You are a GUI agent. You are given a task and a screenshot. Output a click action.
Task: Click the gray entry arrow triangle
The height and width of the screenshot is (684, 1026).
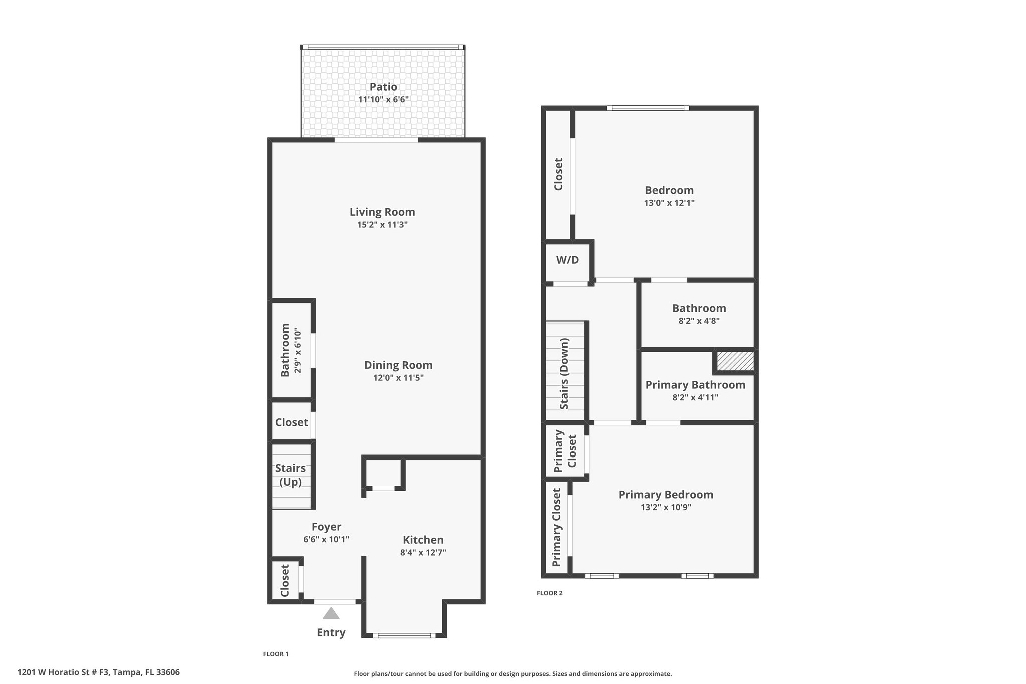coord(331,613)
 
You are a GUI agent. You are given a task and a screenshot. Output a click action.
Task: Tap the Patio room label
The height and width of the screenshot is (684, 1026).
coord(383,87)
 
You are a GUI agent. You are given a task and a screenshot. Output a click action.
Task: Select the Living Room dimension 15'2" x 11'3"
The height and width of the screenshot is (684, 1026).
coord(382,225)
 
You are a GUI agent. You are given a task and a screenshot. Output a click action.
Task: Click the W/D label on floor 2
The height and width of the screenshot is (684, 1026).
coord(567,260)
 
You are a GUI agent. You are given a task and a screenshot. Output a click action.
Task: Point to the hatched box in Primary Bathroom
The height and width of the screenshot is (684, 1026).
coord(735,361)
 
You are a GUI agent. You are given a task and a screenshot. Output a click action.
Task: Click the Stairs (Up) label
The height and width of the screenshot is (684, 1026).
coord(290,475)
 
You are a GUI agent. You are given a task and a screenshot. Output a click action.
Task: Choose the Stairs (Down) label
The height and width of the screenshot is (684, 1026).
coord(564,374)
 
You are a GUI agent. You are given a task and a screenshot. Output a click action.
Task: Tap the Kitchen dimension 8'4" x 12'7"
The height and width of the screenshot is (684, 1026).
coord(423,553)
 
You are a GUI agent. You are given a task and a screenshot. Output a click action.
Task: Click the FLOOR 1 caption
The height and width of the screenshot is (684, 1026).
coord(276,654)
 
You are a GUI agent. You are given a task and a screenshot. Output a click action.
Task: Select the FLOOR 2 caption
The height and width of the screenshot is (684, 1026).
coord(549,593)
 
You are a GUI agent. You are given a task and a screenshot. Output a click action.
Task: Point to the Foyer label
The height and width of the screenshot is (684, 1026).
coord(326,527)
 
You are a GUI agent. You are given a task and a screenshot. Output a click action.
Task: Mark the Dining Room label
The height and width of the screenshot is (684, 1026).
coord(398,365)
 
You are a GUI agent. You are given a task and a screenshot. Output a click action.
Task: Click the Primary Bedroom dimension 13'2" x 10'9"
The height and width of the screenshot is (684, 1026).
coord(666,507)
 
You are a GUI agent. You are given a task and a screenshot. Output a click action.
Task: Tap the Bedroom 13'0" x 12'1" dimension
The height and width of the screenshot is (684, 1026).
coord(669,203)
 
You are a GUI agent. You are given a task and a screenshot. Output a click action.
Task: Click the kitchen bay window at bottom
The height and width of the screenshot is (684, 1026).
coord(404,635)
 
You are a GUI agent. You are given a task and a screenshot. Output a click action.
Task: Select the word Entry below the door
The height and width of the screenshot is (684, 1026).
coord(331,632)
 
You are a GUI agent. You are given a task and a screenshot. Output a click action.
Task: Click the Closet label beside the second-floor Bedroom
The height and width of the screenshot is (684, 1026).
coord(558,174)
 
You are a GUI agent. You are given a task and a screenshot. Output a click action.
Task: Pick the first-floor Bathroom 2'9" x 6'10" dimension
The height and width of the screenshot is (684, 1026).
coord(298,351)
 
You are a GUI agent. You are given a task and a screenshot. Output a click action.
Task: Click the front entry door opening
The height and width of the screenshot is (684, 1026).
coord(334,601)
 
